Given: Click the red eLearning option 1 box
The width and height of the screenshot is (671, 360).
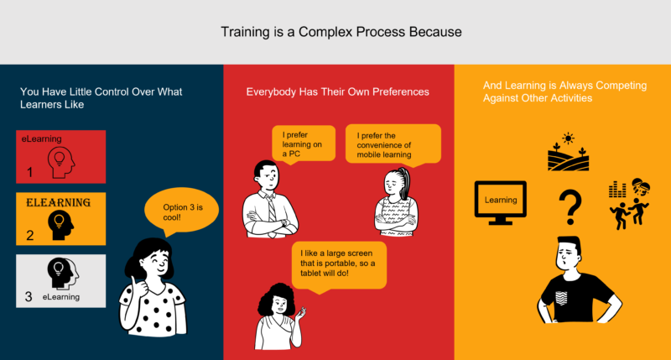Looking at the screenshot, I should (x=61, y=156).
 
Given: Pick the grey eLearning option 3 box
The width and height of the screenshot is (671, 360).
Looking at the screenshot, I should (x=61, y=280).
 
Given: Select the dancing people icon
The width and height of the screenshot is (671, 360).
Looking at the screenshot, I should (x=630, y=201).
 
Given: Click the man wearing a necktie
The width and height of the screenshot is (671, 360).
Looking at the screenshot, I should (x=268, y=202).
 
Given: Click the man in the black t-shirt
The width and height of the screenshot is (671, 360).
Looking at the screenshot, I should (x=578, y=285).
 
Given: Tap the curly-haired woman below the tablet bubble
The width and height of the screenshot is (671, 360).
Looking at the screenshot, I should (x=280, y=318).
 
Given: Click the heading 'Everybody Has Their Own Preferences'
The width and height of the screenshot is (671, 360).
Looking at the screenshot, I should (x=337, y=91).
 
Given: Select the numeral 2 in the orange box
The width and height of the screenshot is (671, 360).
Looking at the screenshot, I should (x=29, y=236).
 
